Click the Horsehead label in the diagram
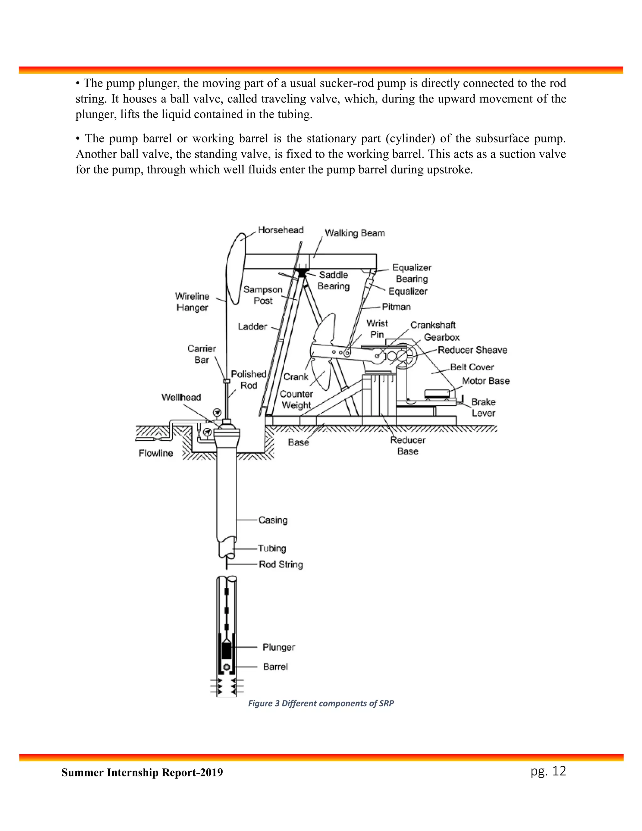click(281, 230)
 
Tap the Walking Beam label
click(355, 233)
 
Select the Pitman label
click(396, 307)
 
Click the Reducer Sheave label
click(472, 350)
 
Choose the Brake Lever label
click(483, 408)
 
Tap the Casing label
click(273, 520)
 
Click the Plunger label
click(279, 647)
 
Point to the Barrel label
click(275, 667)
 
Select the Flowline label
click(156, 453)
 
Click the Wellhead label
click(181, 397)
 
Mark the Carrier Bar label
click(202, 354)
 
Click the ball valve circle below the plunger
click(227, 667)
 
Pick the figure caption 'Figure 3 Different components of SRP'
click(321, 703)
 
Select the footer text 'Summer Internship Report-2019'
click(142, 772)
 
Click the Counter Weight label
click(296, 400)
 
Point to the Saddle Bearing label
click(334, 280)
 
